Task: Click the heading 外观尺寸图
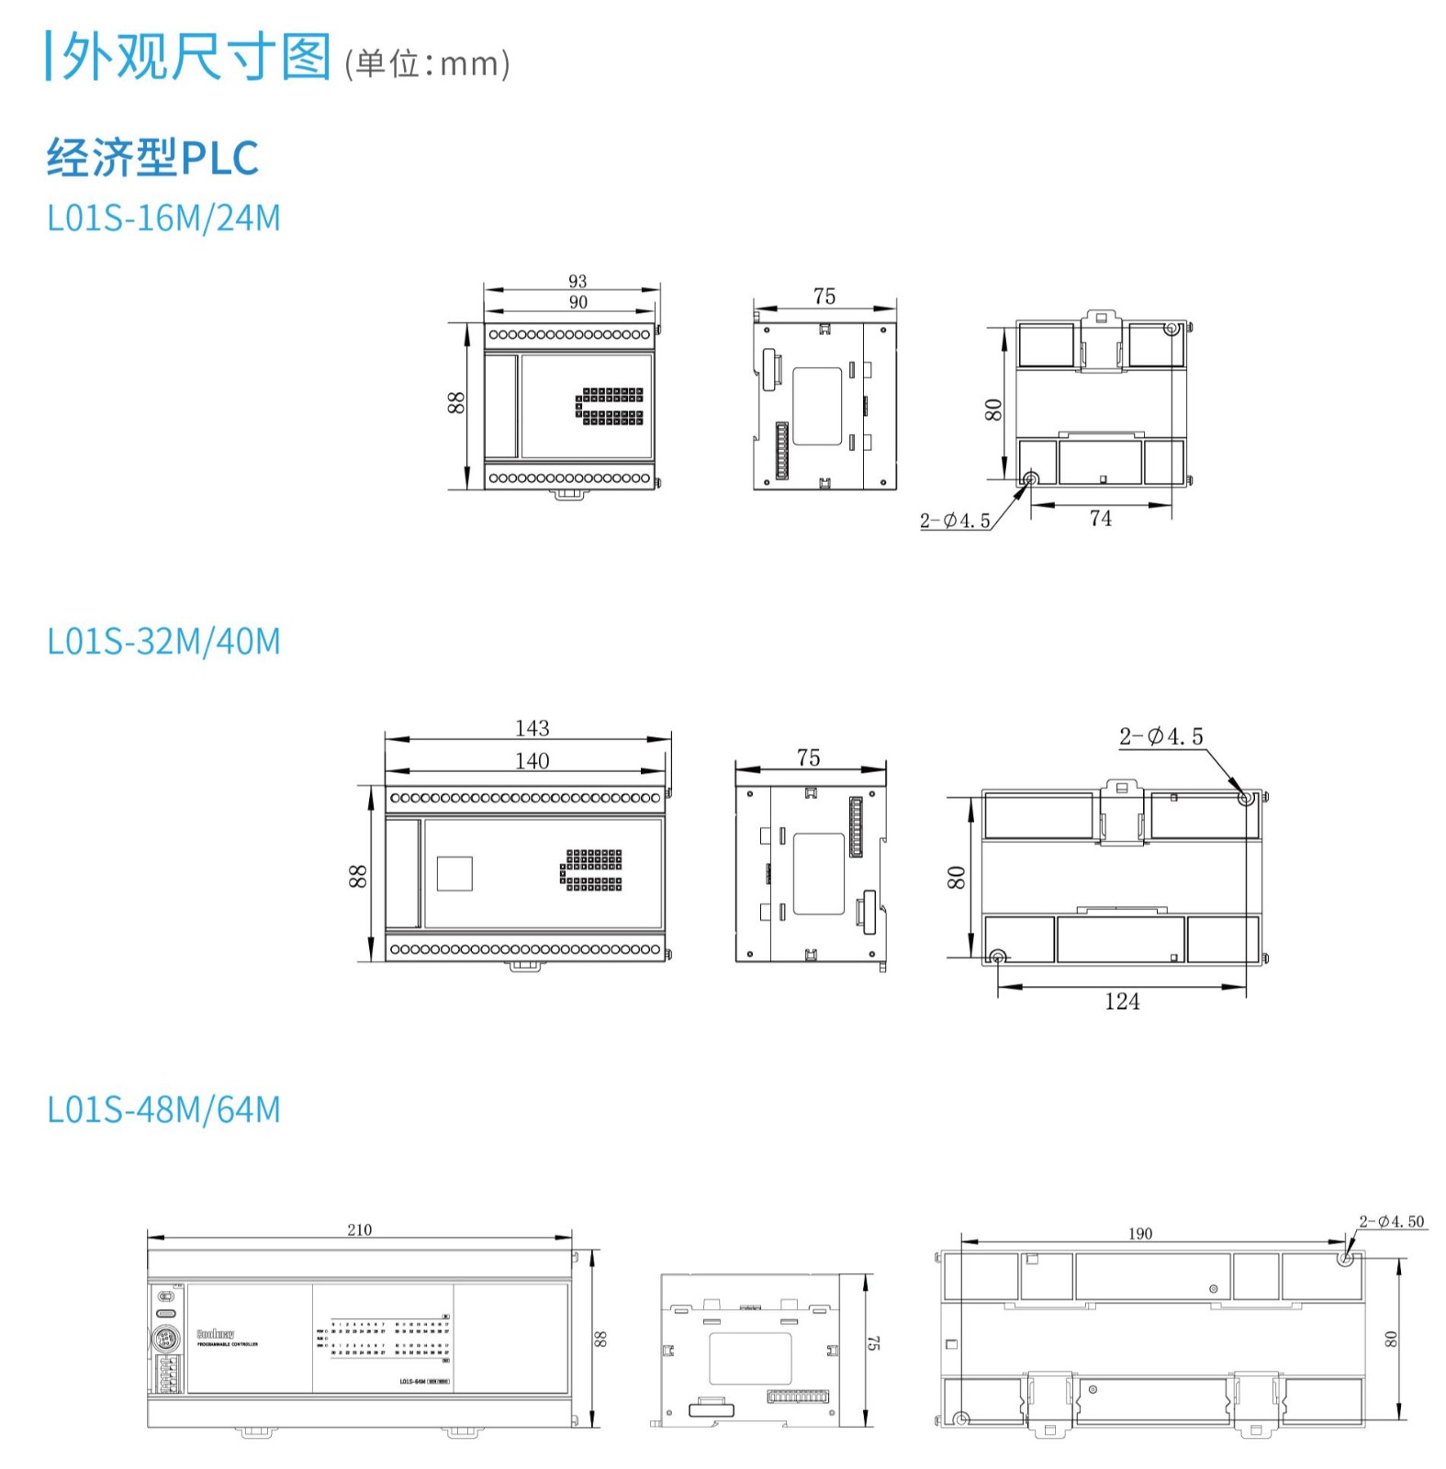[195, 57]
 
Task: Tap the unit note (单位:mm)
[427, 63]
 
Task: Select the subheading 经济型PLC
[152, 157]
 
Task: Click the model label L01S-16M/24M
[163, 219]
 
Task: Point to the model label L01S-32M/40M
[163, 642]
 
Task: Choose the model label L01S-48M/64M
[163, 1110]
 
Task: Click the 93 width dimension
[577, 281]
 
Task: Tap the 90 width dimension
[577, 302]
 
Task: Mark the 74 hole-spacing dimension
[1100, 519]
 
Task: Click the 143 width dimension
[532, 728]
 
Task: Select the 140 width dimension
[532, 760]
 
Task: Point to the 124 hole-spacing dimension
[1122, 1002]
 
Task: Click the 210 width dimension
[359, 1229]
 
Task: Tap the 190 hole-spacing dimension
[1139, 1233]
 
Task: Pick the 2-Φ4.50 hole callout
[1391, 1221]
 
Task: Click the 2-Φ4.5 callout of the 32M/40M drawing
[1160, 736]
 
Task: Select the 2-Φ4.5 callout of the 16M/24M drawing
[955, 521]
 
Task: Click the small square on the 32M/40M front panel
[454, 873]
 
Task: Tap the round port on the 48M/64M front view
[164, 1338]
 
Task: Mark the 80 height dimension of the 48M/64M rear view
[1391, 1339]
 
